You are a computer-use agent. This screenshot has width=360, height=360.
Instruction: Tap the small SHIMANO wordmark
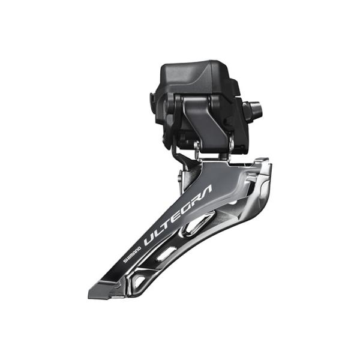point(133,253)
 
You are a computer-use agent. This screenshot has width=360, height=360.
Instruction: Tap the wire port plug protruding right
point(254,112)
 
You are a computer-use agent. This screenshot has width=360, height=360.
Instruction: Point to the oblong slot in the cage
point(168,254)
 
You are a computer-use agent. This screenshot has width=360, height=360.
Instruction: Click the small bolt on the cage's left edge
point(179,180)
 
